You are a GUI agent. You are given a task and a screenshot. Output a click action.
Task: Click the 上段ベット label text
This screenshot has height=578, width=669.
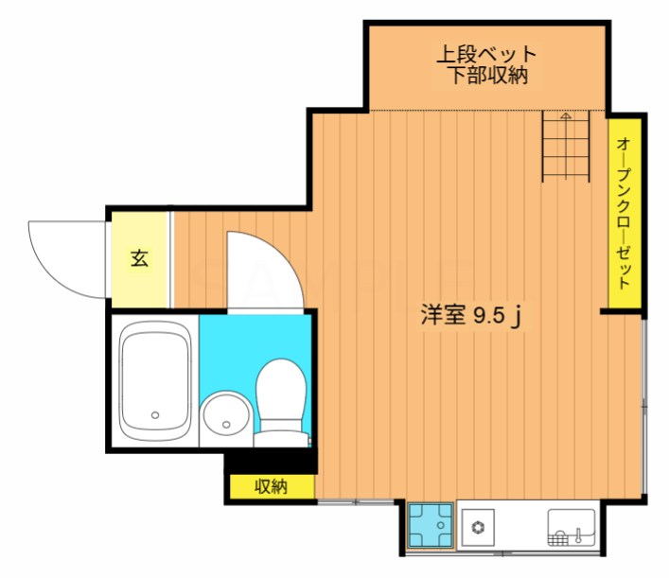click(x=485, y=55)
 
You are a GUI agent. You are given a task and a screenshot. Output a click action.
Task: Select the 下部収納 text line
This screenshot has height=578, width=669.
click(x=485, y=78)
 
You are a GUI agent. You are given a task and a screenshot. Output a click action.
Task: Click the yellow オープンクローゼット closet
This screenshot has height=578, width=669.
click(x=625, y=213)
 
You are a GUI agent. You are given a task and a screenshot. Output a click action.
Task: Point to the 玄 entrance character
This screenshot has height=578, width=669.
click(x=139, y=258)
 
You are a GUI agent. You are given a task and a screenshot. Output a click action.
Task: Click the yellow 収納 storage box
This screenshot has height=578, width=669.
click(x=271, y=487)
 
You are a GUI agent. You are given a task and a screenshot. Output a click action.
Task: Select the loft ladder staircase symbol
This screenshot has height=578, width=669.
click(x=565, y=146)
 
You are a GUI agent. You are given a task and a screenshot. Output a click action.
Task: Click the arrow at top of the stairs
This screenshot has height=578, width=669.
click(x=565, y=117)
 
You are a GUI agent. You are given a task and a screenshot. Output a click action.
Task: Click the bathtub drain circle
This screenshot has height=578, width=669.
click(x=156, y=413)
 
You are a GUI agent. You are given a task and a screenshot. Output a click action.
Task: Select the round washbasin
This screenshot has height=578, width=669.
click(x=226, y=415)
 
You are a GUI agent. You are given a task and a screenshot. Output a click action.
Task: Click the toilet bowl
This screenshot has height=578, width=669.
click(x=280, y=388)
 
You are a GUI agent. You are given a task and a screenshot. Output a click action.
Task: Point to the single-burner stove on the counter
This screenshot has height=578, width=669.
click(x=478, y=527)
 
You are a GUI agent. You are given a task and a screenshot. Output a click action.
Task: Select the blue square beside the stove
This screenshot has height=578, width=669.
click(x=430, y=525)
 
